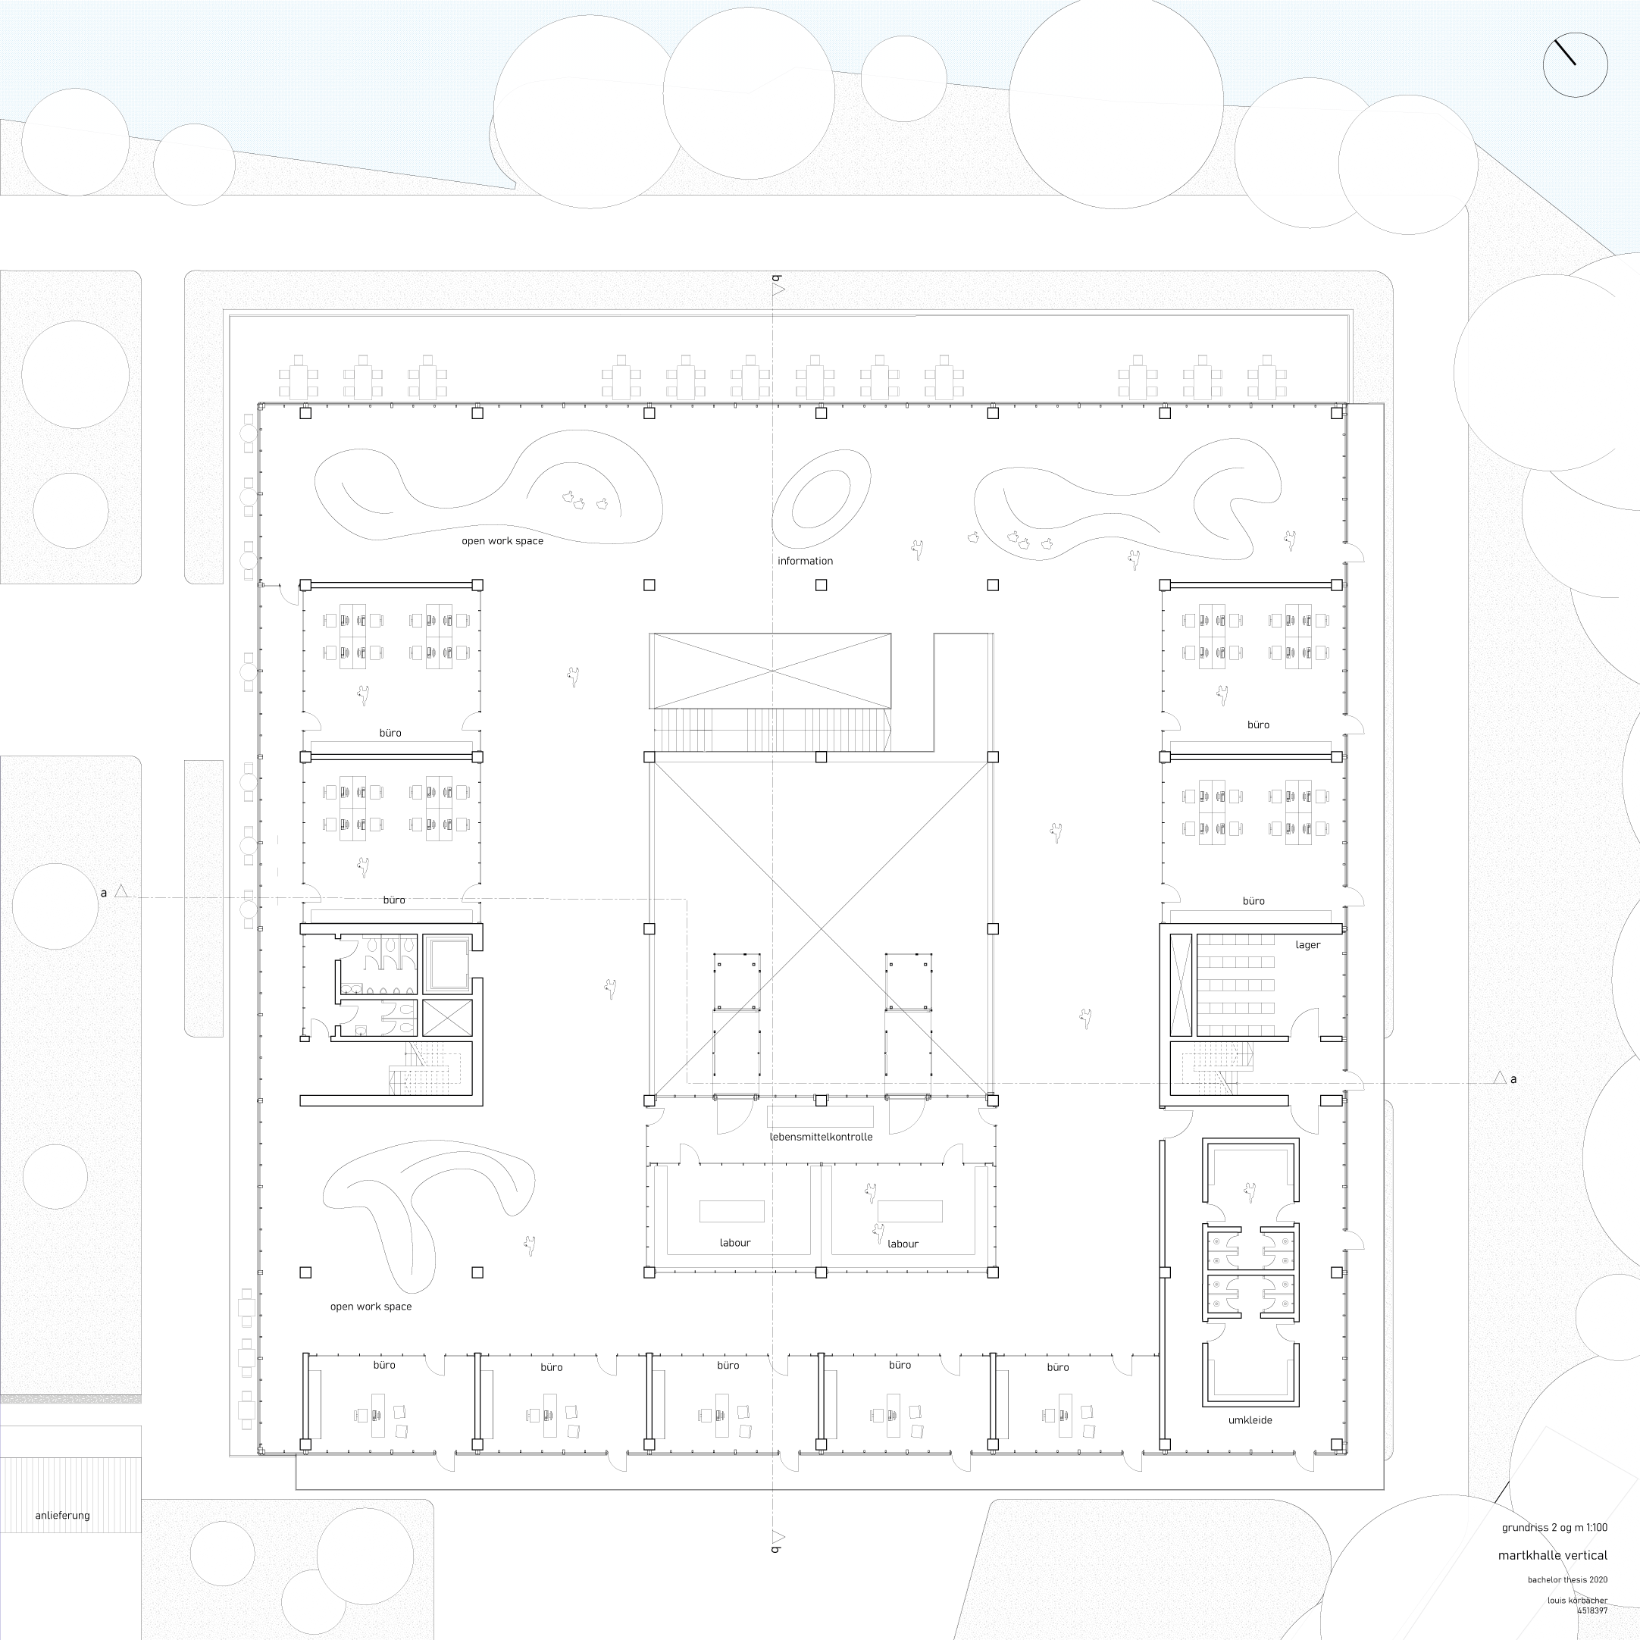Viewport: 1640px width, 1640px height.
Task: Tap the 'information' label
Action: pos(805,561)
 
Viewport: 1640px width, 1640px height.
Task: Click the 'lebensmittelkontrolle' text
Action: pos(821,1137)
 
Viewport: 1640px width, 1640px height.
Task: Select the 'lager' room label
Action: pos(1307,945)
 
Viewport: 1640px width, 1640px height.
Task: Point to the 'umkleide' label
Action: pos(1250,1420)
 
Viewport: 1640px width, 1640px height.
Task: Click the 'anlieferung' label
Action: pos(62,1515)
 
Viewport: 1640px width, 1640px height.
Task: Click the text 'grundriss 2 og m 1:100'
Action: pos(1554,1527)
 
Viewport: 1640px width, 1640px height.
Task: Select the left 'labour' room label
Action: pos(735,1243)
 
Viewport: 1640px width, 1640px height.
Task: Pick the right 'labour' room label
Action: pos(903,1244)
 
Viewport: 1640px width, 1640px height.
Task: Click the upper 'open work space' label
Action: pos(502,540)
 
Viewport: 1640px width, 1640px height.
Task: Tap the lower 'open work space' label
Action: pos(371,1307)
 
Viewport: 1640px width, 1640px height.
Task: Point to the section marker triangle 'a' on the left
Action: pos(121,891)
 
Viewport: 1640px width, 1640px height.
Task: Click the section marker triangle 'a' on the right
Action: pos(1500,1078)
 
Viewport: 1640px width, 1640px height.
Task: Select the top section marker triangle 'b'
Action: pos(778,290)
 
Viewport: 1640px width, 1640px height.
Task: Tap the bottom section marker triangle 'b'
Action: pos(778,1536)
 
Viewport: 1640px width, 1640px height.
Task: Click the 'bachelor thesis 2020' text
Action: pos(1567,1579)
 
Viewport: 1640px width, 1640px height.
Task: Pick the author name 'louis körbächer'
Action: pos(1577,1600)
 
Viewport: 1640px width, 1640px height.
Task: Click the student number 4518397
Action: pos(1592,1610)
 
